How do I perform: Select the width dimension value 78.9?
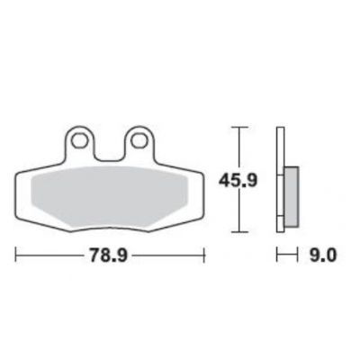click(108, 256)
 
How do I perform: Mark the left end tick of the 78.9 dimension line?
click(17, 256)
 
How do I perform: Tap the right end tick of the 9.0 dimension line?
click(298, 256)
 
